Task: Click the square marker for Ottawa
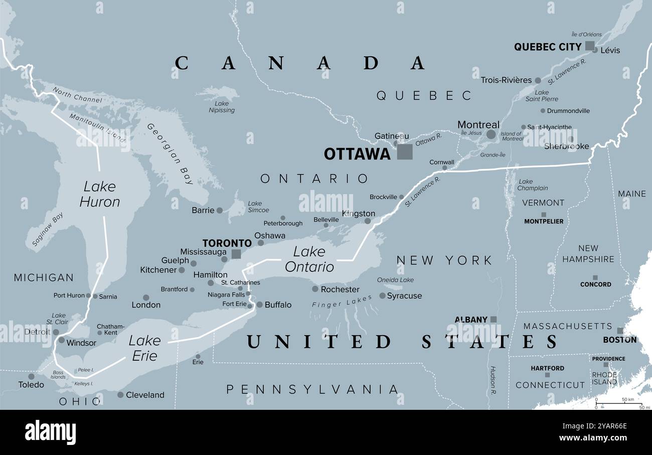[405, 152]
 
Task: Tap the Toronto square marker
[236, 254]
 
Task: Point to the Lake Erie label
[144, 348]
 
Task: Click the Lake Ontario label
[309, 259]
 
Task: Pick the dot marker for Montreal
[491, 134]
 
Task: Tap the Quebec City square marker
[589, 46]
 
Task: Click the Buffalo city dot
[259, 305]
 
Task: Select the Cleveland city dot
[120, 395]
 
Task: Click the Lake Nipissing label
[221, 106]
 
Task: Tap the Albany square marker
[494, 319]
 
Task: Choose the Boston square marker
[620, 331]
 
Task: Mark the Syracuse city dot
[382, 296]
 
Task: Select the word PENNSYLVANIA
[312, 389]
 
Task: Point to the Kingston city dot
[368, 221]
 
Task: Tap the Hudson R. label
[493, 378]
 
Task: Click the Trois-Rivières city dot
[538, 80]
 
